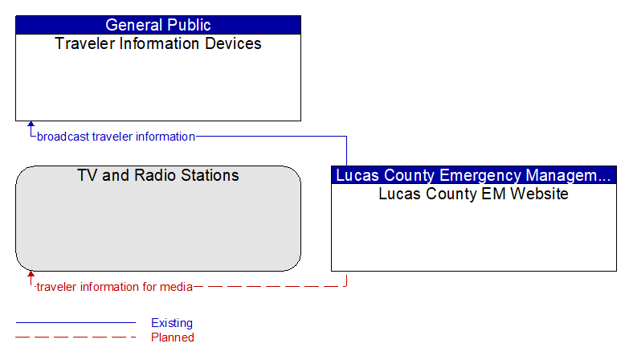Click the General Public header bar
click(158, 25)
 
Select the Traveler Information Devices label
click(158, 43)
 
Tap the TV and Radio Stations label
click(158, 175)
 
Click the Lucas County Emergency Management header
click(474, 175)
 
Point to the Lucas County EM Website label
click(473, 194)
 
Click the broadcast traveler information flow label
click(116, 137)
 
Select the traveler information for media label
click(114, 287)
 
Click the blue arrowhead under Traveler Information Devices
click(31, 124)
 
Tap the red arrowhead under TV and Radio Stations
click(31, 274)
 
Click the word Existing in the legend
click(172, 323)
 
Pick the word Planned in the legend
click(173, 337)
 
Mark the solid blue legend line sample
click(76, 322)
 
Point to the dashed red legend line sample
click(76, 337)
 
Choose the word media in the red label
click(176, 287)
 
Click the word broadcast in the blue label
click(63, 137)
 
